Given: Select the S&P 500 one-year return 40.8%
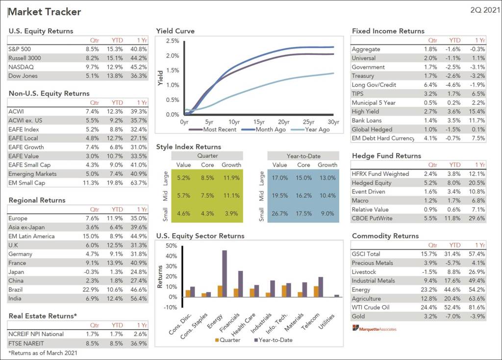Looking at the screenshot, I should (139, 49).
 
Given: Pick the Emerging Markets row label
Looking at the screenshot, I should (32, 174).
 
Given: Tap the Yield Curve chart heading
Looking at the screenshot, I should (175, 31).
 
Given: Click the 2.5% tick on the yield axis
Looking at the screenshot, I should (172, 41).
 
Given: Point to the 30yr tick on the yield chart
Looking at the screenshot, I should (333, 122).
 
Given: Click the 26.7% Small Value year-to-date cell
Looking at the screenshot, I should (280, 214).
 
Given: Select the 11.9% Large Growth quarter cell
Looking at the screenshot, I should (231, 178).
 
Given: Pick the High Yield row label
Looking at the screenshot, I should (365, 112).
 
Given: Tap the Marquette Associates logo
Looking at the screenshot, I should (374, 329).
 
